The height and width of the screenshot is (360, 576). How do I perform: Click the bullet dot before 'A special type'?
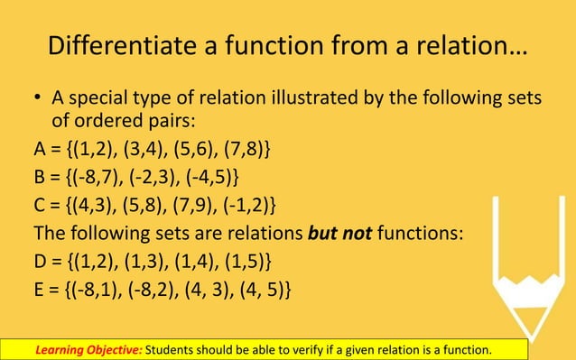(x=39, y=99)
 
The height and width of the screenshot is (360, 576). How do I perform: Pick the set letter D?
(x=42, y=262)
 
